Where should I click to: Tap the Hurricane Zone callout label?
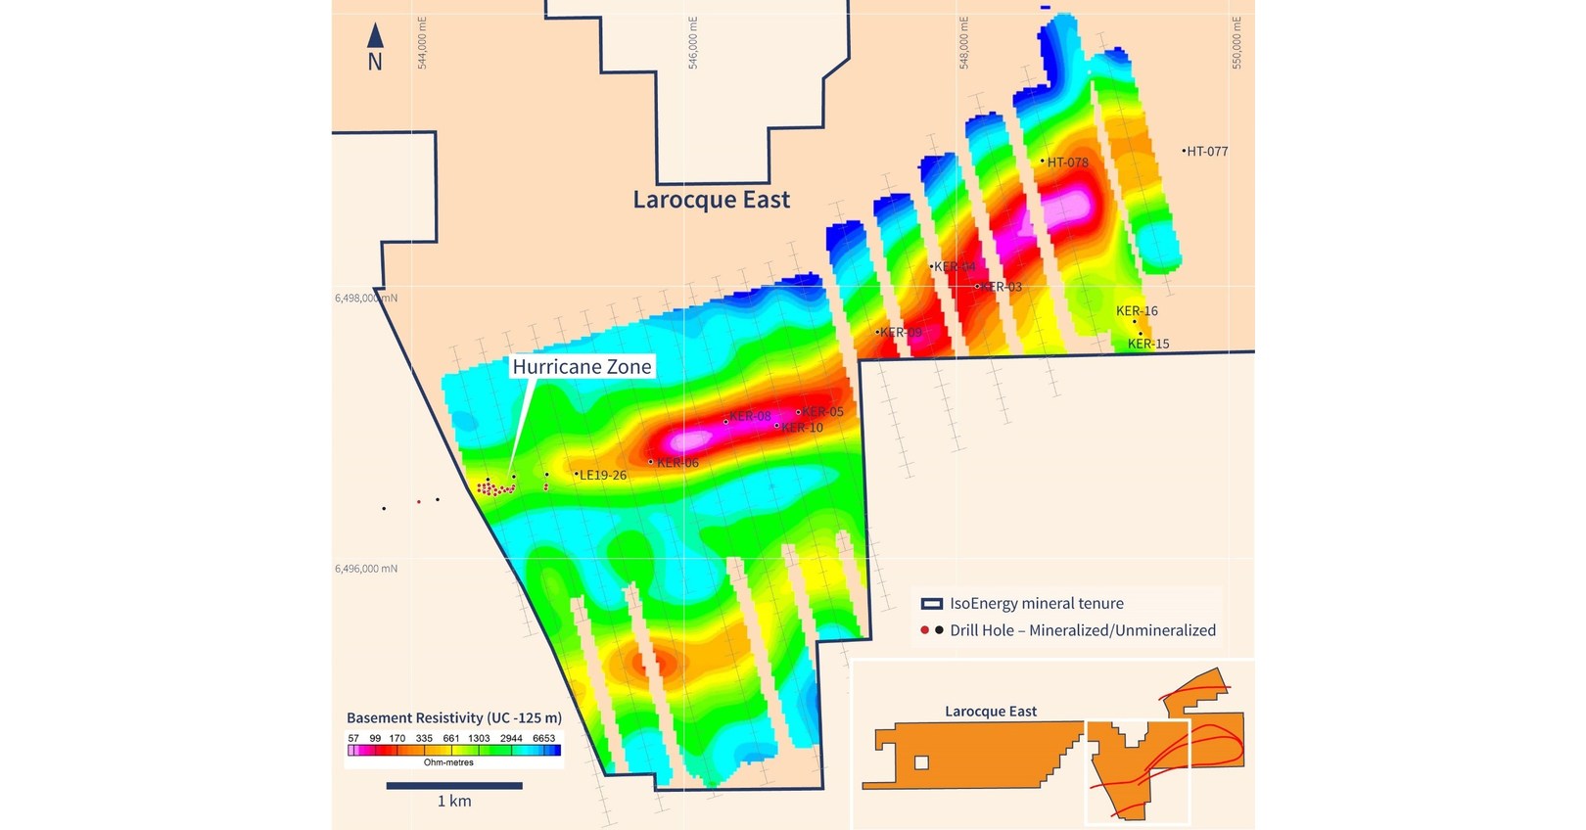582,367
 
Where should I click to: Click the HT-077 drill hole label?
1206,152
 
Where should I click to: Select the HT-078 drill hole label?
1067,162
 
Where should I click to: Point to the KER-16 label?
1137,311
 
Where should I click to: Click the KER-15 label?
1148,344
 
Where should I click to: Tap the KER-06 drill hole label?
677,463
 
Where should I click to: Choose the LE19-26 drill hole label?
602,476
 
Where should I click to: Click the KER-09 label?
901,333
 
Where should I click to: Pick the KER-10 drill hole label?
802,428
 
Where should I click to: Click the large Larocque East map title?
711,200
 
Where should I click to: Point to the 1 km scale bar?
454,785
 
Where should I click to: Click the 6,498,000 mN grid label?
366,298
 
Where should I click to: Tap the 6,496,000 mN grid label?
366,569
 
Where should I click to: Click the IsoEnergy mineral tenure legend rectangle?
931,604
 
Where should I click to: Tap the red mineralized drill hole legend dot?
924,630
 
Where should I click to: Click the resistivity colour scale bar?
454,751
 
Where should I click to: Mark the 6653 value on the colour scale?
543,738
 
